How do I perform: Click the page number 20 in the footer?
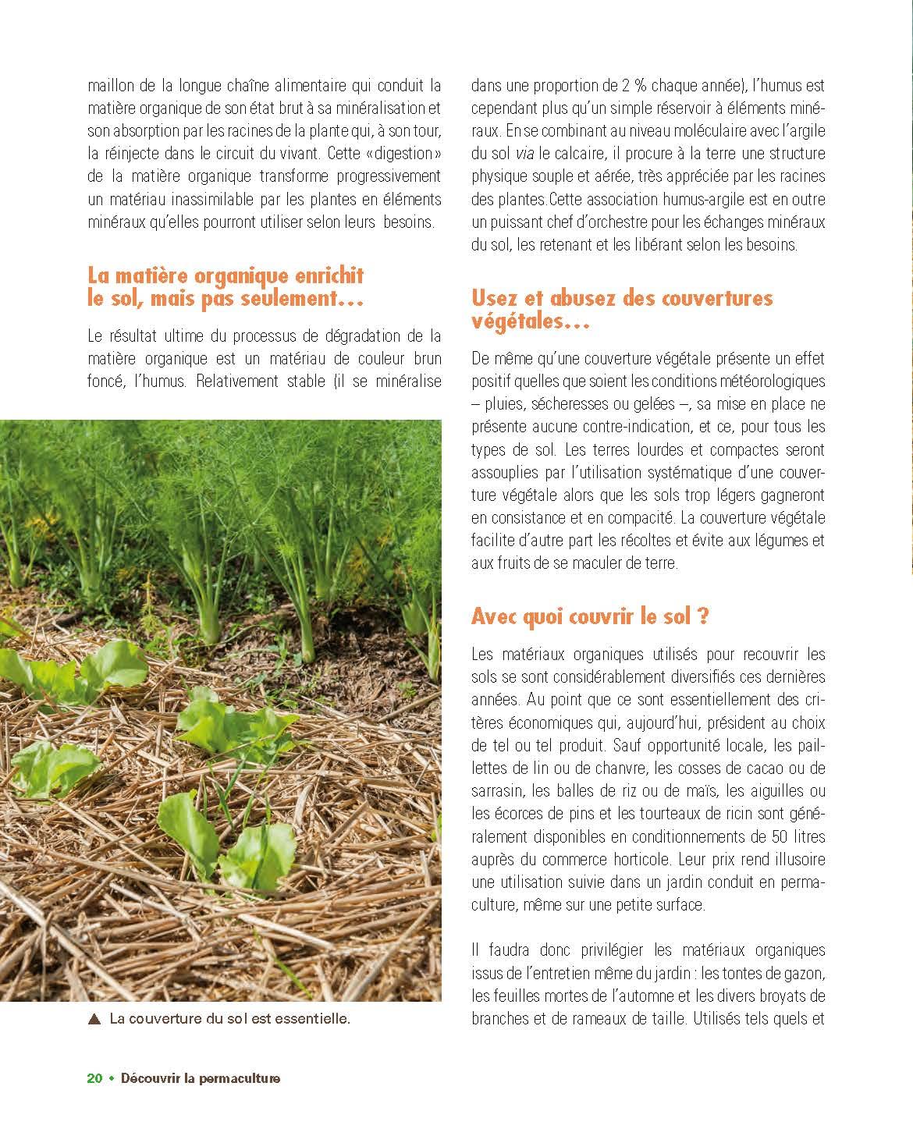click(x=94, y=1078)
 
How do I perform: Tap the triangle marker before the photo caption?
click(x=95, y=1018)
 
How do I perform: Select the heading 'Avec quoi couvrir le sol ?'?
click(x=590, y=616)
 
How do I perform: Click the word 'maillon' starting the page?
click(x=111, y=86)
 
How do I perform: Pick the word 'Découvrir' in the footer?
click(x=147, y=1078)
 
